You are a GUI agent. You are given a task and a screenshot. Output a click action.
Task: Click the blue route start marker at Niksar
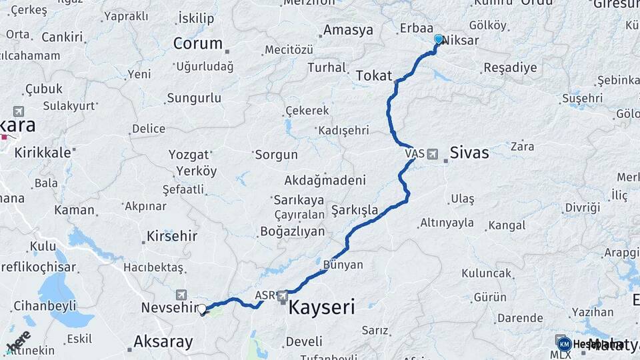[438, 39]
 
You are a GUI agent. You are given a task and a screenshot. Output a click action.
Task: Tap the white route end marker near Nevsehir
[202, 309]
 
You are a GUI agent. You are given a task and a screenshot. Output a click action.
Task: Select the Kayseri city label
[321, 307]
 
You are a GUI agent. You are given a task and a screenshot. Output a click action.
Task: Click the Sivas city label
[469, 153]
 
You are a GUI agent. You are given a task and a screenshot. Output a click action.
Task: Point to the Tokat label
[373, 75]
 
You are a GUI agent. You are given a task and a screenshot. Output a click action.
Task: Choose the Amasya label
[348, 30]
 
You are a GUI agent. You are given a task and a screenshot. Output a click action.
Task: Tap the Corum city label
[198, 43]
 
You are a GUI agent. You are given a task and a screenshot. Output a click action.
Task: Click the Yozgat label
[188, 154]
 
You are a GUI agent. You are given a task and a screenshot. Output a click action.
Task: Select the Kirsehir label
[172, 237]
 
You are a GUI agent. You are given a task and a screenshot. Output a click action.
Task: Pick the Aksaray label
[163, 342]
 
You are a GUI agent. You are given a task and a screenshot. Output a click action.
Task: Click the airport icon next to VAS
[433, 154]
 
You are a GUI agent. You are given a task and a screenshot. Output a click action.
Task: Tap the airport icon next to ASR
[283, 295]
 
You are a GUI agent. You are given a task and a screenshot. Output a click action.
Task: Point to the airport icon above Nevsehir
[181, 295]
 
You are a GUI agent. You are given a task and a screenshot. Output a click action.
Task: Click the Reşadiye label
[510, 68]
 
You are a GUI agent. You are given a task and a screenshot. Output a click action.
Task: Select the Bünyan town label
[343, 265]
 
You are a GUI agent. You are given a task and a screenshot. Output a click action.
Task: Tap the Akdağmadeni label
[325, 180]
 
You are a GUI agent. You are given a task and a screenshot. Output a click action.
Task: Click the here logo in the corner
[18, 341]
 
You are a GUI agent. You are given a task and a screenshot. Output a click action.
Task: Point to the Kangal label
[507, 225]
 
